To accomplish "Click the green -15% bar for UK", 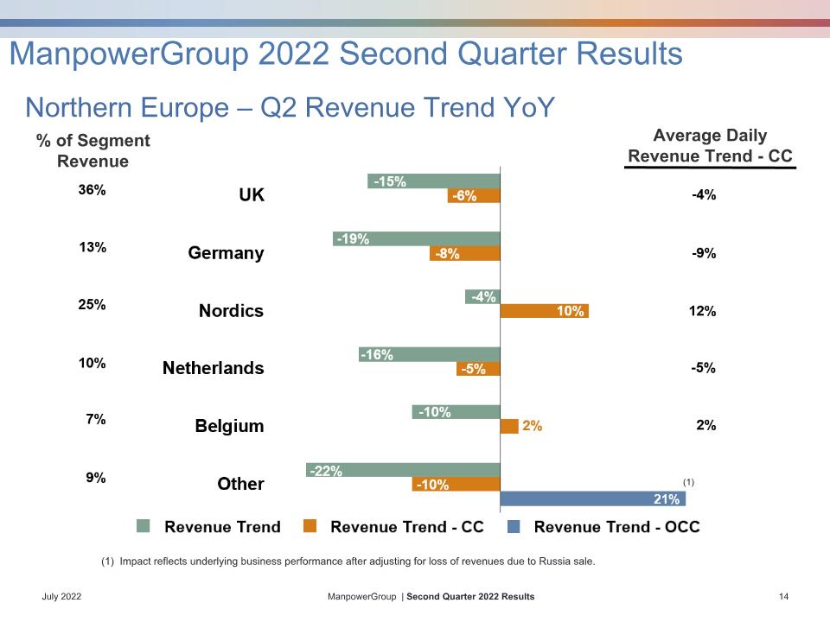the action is [433, 181].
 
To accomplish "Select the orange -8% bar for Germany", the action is [465, 253].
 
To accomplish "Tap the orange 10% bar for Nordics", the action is [544, 311].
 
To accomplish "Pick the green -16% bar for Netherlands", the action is [430, 354].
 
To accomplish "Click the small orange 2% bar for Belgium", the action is [509, 426].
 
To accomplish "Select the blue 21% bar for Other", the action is [593, 498].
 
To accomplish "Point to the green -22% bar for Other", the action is [403, 470].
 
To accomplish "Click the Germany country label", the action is [226, 253].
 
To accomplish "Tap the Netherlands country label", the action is [214, 368].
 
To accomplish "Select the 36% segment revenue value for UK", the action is [93, 189].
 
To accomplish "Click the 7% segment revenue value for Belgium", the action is [96, 420].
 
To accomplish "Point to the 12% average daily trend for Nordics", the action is [702, 311].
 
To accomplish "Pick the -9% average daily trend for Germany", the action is [704, 253].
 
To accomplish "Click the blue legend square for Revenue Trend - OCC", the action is [514, 526].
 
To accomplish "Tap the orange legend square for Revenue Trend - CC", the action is [310, 526].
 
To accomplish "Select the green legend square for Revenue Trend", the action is [143, 526].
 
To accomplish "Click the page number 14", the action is [784, 597].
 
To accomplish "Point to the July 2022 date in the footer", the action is [61, 597].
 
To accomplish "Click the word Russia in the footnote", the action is [554, 562].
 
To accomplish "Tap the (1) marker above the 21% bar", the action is [688, 482].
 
